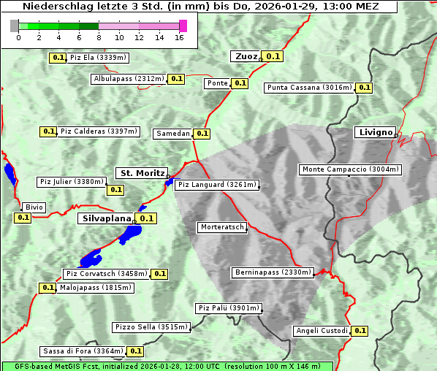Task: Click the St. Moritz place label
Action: (x=142, y=173)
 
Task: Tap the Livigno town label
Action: (x=375, y=132)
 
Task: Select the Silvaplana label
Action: (x=106, y=218)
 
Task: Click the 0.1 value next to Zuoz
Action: (x=273, y=56)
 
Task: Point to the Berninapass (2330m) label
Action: (x=273, y=272)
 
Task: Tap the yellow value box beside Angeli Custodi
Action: (x=360, y=331)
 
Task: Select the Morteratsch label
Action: (x=222, y=227)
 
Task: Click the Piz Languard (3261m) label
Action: (x=217, y=185)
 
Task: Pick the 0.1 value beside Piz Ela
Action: (x=58, y=57)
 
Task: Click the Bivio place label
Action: (x=34, y=207)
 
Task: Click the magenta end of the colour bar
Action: (x=183, y=26)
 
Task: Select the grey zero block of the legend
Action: (x=15, y=26)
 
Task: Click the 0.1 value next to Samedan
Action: (x=202, y=134)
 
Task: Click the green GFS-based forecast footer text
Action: (x=167, y=366)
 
